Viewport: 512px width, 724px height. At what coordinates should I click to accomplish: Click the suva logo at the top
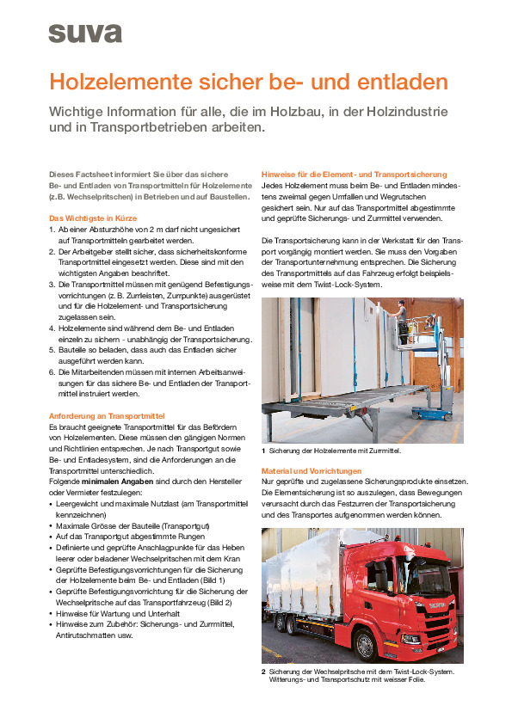coord(85,33)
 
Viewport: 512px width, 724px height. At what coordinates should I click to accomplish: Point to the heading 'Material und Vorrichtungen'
coord(311,471)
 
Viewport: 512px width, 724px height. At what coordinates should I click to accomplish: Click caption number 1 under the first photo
coord(263,451)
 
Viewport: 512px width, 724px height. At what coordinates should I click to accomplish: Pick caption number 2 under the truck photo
coord(263,671)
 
